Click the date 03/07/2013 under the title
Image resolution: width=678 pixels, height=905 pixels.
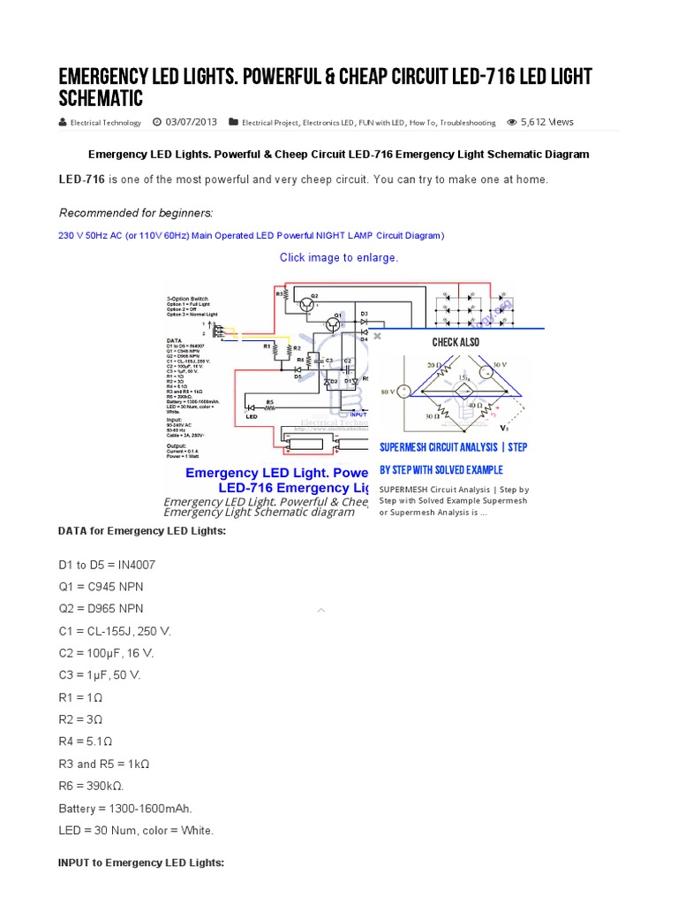click(x=191, y=123)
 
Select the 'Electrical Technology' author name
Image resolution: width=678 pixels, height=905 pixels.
click(x=105, y=123)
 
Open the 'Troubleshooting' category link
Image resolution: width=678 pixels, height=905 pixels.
click(x=468, y=123)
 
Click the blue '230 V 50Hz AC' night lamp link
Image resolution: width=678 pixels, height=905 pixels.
click(x=251, y=235)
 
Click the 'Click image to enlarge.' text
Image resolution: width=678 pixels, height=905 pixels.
click(x=339, y=257)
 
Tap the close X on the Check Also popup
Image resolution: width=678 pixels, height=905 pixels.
click(x=376, y=336)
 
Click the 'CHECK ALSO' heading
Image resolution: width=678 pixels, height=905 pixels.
click(x=456, y=342)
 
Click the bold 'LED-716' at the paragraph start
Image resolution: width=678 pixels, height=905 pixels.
click(x=82, y=179)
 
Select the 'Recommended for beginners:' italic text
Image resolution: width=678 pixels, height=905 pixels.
click(x=136, y=213)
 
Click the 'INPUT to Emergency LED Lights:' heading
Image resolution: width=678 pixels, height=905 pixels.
click(x=141, y=862)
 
